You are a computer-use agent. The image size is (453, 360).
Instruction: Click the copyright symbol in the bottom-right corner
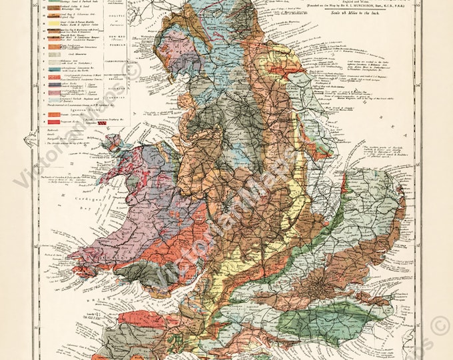[x=440, y=327]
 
